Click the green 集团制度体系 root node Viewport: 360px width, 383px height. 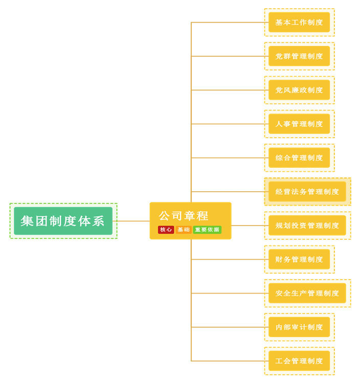[x=63, y=221]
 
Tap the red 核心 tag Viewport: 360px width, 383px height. [x=166, y=230]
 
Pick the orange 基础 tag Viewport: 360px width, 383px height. [x=183, y=230]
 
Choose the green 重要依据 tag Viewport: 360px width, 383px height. [x=207, y=230]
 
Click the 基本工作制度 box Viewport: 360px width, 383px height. [x=299, y=22]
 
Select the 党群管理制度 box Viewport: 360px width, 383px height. [x=299, y=56]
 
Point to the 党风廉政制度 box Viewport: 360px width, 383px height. [x=299, y=90]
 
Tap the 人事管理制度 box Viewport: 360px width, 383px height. [x=299, y=124]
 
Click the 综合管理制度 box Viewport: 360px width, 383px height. [x=299, y=157]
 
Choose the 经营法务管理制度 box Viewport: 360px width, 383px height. [x=307, y=192]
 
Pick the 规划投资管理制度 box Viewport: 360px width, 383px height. [x=307, y=226]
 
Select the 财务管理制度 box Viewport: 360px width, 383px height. [x=299, y=259]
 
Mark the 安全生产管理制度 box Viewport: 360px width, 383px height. [x=307, y=293]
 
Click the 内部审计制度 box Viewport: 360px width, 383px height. [x=299, y=327]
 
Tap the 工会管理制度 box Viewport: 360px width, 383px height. [x=299, y=361]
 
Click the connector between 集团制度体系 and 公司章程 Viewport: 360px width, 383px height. [x=133, y=221]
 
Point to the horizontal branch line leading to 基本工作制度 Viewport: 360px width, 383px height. [x=228, y=22]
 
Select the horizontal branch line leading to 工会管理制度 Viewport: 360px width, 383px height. [x=228, y=361]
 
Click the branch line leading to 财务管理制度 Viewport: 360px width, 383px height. [x=228, y=259]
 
